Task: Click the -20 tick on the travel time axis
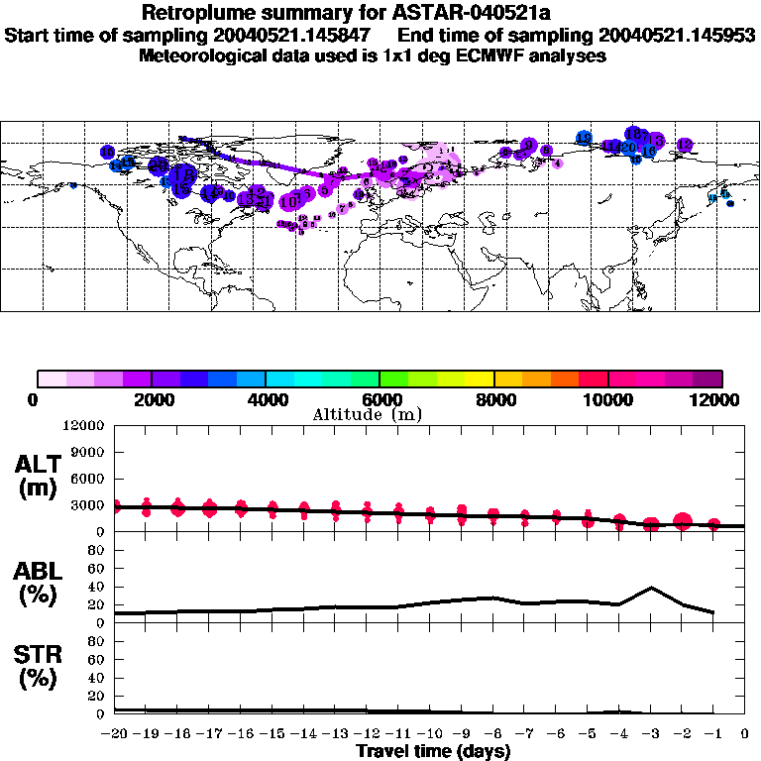pos(116,734)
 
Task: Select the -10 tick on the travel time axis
pos(429,734)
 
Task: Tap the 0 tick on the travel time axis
pos(744,734)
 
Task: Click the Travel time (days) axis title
pos(433,752)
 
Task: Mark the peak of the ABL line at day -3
pos(650,588)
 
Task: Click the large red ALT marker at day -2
pos(682,522)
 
